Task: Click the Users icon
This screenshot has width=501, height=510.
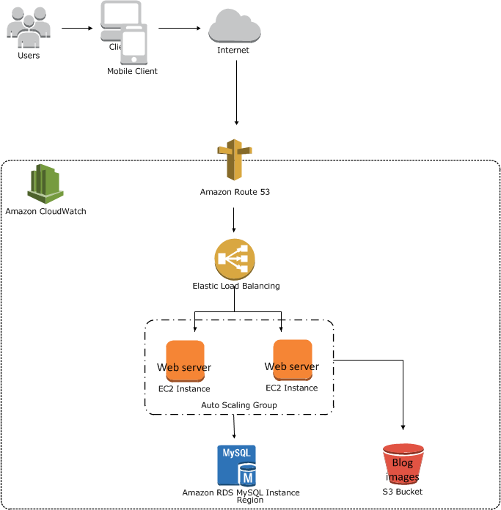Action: (x=29, y=29)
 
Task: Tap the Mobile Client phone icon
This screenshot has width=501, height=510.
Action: (x=133, y=44)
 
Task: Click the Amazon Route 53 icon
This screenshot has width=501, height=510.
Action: (x=234, y=159)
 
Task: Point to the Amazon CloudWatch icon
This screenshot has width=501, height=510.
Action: (x=45, y=183)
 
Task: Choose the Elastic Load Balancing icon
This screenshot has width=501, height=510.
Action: (x=235, y=259)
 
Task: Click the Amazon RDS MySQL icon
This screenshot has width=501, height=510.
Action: (x=236, y=465)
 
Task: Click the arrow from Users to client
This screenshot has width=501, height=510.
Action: (x=77, y=29)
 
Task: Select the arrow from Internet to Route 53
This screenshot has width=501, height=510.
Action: (x=236, y=92)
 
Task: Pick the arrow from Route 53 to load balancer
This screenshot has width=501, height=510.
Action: (x=234, y=221)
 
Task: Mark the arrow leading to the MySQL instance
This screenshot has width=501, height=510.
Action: (x=234, y=427)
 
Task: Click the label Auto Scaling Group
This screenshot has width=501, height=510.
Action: (x=239, y=404)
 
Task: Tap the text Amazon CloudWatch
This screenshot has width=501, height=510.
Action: (x=45, y=211)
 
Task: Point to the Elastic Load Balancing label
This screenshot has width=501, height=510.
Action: (x=235, y=286)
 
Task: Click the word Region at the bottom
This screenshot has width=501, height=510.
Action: (x=250, y=500)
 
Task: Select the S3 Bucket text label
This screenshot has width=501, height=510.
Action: (x=402, y=492)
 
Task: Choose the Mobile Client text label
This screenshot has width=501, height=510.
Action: (x=132, y=71)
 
